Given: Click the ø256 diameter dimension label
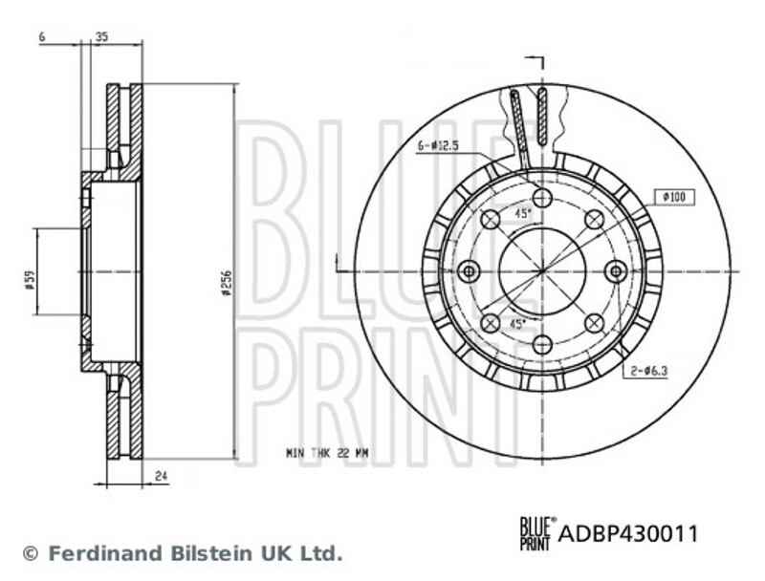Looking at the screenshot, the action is click(226, 283).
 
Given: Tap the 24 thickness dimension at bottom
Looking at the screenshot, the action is click(162, 475).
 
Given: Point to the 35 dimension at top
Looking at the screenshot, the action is click(101, 36).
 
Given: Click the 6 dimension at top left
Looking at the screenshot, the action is click(42, 36).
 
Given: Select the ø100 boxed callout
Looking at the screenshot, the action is click(674, 197).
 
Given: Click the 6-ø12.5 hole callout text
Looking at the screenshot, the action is click(438, 146).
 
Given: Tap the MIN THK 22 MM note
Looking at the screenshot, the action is click(327, 453).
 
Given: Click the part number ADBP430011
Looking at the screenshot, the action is click(628, 534).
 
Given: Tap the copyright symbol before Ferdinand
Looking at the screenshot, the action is click(31, 553).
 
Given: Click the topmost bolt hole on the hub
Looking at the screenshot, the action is click(542, 198).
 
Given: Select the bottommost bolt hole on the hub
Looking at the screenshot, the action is click(542, 345).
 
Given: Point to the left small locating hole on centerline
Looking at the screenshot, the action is click(469, 271).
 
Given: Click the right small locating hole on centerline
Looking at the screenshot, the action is click(616, 271).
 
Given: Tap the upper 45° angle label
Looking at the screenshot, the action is click(523, 213).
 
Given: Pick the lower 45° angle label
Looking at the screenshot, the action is click(517, 323).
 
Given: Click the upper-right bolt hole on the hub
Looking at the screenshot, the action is click(594, 220).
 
